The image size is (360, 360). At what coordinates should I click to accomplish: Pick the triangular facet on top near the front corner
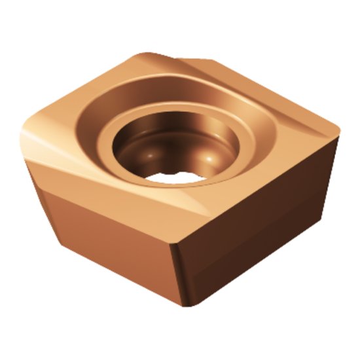196,209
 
